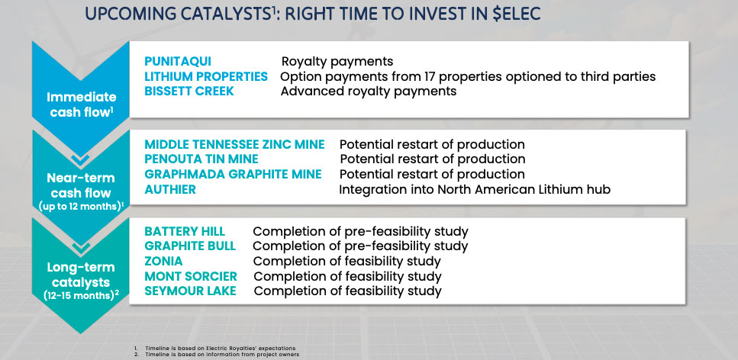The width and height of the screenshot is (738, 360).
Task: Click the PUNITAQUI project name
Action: pos(177,62)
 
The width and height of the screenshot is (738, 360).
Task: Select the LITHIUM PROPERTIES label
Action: pos(206,76)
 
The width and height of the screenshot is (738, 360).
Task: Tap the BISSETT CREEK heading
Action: pos(189,91)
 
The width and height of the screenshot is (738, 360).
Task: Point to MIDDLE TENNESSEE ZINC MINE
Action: pos(234,144)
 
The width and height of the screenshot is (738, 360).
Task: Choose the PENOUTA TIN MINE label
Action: pos(201,159)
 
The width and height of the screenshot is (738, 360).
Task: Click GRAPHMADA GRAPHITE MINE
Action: pos(233,174)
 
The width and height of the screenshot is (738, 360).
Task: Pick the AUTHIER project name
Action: pos(170,189)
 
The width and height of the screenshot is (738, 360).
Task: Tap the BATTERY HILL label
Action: pos(185,232)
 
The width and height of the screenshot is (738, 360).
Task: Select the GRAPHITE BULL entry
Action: pos(190,246)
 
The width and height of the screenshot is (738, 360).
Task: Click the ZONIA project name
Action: pos(163,261)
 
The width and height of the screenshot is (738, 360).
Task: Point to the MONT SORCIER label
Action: pos(191,276)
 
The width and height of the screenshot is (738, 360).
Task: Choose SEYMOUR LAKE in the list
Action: pos(190,291)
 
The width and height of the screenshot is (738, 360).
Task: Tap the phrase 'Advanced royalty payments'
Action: pos(369,91)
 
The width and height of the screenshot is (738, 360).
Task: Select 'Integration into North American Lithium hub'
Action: pos(475,190)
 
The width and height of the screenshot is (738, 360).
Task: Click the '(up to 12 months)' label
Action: pos(81,206)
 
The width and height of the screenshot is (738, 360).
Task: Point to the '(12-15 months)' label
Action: pos(81,295)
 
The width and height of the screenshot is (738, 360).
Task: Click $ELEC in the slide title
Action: pos(517,14)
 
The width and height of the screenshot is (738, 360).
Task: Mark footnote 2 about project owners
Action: pos(217,355)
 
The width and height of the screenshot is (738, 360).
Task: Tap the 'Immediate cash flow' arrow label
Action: pos(81,104)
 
